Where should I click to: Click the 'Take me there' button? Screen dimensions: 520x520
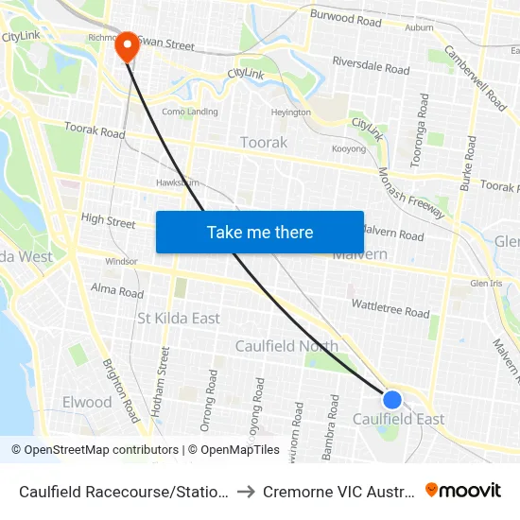click(260, 232)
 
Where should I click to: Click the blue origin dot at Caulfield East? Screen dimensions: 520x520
click(392, 400)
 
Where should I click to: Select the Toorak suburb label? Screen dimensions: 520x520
click(264, 142)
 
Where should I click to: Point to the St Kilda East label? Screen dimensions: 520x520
click(179, 318)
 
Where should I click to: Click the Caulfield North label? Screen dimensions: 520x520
click(286, 346)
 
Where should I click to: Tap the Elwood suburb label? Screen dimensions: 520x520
click(87, 402)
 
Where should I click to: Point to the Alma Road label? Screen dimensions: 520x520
click(117, 290)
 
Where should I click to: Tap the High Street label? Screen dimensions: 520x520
click(108, 221)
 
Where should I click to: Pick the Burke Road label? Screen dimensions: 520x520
click(469, 163)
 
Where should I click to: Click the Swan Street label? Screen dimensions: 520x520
click(167, 44)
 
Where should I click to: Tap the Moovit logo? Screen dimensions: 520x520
click(463, 491)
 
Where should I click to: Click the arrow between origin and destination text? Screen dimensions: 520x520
click(244, 492)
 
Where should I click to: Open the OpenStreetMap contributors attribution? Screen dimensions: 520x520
click(95, 450)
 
